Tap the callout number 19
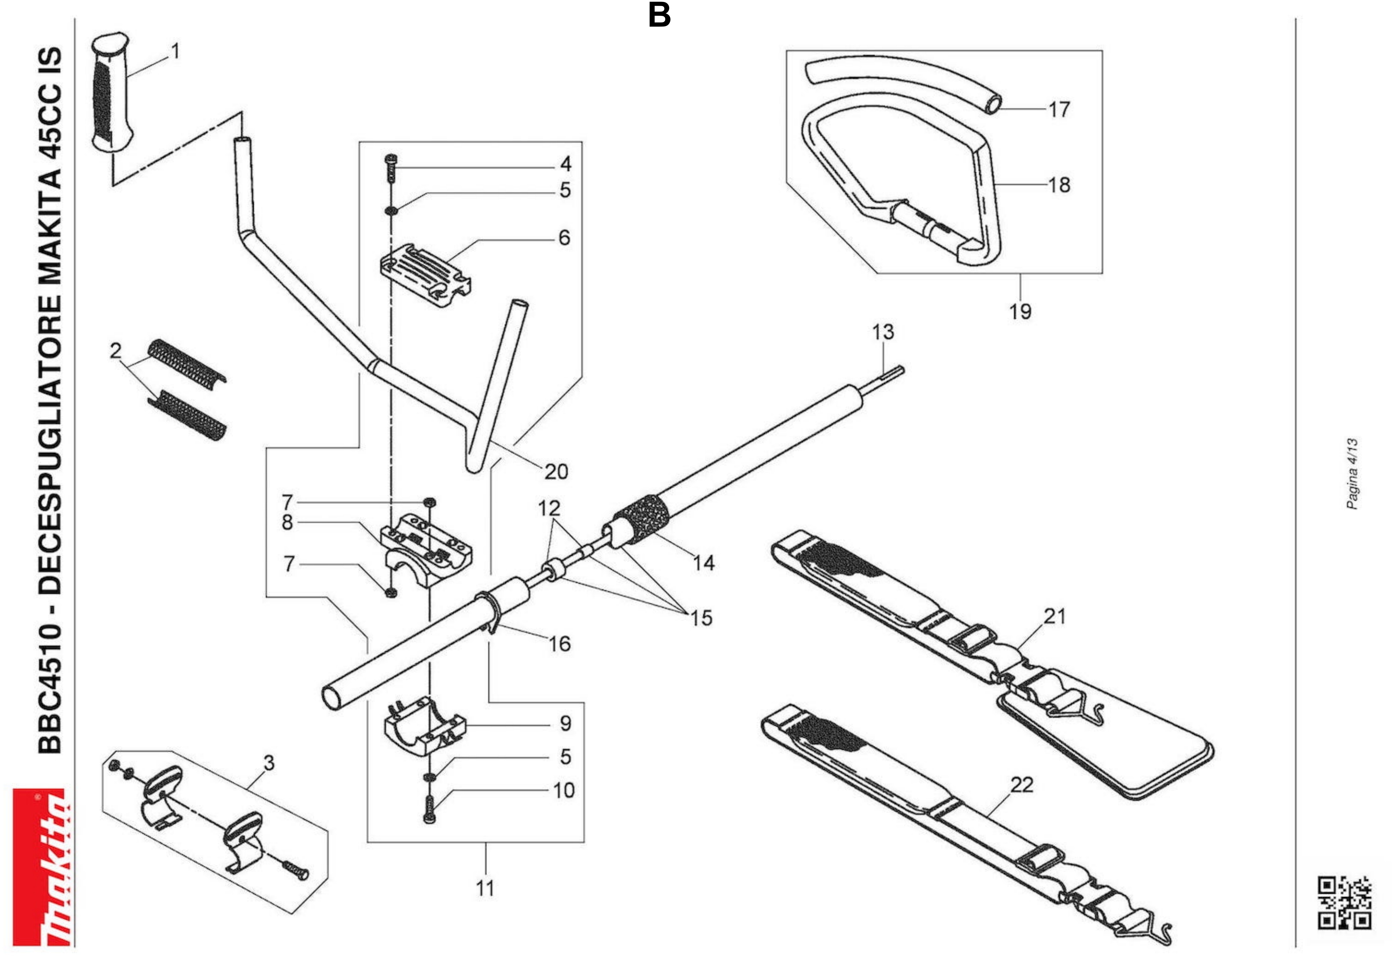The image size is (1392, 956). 1020,312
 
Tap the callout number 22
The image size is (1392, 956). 1022,785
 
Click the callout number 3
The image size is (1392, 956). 269,763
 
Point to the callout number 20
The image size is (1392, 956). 556,472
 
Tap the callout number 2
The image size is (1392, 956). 116,351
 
